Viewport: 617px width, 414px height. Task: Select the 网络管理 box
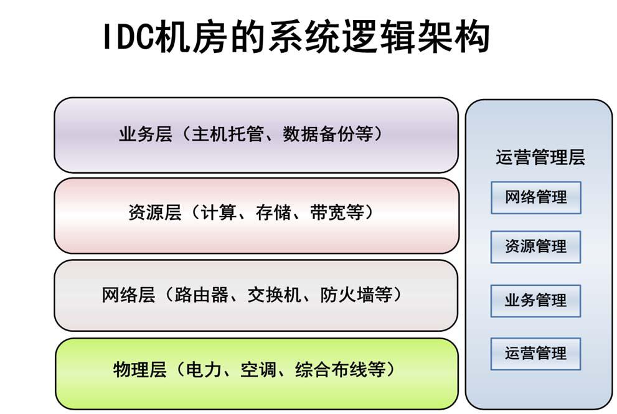(x=536, y=197)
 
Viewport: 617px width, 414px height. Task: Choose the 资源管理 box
(x=535, y=247)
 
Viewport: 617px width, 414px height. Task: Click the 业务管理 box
(x=535, y=301)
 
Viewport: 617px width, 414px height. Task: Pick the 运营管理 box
(x=535, y=354)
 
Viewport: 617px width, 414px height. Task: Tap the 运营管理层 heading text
(x=540, y=158)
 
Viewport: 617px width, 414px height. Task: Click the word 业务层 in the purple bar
(x=146, y=134)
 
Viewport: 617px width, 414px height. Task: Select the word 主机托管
(x=227, y=134)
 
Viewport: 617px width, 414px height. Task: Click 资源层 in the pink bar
(x=155, y=212)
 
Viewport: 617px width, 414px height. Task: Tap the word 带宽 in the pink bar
(x=327, y=212)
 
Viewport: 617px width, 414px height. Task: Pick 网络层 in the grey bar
(x=129, y=294)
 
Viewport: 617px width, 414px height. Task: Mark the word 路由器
(x=202, y=294)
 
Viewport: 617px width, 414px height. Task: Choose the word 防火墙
(x=347, y=294)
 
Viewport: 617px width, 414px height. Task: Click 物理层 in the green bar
(x=140, y=370)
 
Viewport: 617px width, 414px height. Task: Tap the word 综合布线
(x=331, y=370)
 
